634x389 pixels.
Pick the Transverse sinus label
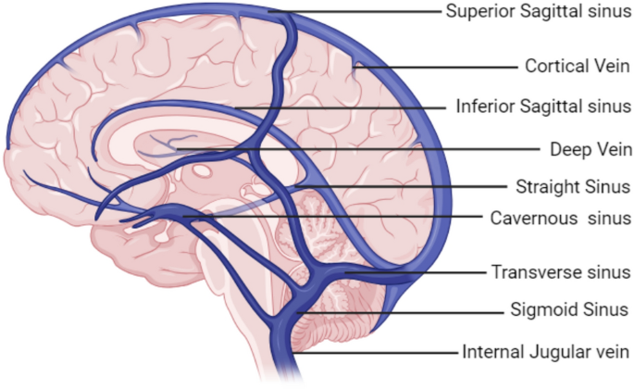(x=561, y=272)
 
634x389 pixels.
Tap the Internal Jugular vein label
(x=546, y=352)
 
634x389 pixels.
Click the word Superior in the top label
(x=479, y=12)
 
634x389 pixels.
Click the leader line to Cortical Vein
(x=435, y=67)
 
